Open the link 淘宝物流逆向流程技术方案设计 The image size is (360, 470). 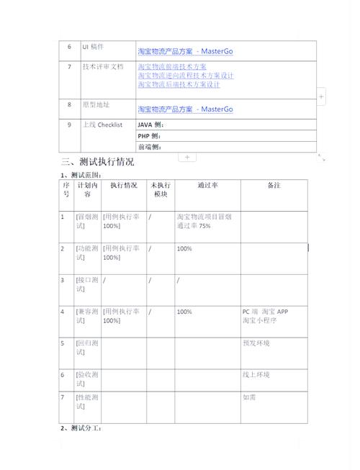[x=186, y=76]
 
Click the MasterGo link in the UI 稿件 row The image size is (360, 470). [x=185, y=51]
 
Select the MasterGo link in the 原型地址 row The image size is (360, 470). [x=185, y=109]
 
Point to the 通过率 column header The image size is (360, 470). [x=207, y=186]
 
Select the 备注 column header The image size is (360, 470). [x=274, y=186]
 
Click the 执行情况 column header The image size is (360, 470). [x=124, y=186]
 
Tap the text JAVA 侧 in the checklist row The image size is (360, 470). [x=150, y=125]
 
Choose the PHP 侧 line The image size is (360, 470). [x=150, y=136]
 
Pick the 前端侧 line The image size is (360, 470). [x=150, y=147]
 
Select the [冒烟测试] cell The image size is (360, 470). [x=86, y=221]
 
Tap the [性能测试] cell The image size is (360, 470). [x=86, y=402]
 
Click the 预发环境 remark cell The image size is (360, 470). [x=256, y=343]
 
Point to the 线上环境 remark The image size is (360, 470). [x=256, y=375]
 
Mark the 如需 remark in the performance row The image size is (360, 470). [x=249, y=397]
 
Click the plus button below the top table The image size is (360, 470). [x=187, y=156]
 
